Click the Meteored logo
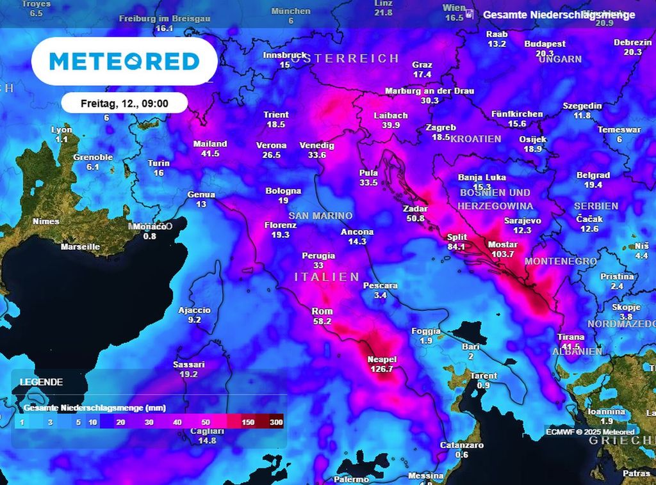point(124,61)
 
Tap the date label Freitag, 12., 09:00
point(124,103)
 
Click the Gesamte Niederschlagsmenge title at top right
point(559,15)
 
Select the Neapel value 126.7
point(381,369)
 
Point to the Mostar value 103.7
point(502,254)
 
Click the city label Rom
point(322,312)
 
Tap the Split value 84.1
point(457,246)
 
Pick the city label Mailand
point(210,144)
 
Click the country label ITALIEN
point(327,277)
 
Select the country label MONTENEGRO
point(561,262)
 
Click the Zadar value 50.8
point(415,218)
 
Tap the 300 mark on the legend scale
point(276,422)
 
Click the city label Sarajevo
point(523,221)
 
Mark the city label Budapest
point(545,44)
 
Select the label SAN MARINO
point(320,216)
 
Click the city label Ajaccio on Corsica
point(194,311)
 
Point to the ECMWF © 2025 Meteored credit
point(589,432)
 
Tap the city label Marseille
point(80,246)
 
